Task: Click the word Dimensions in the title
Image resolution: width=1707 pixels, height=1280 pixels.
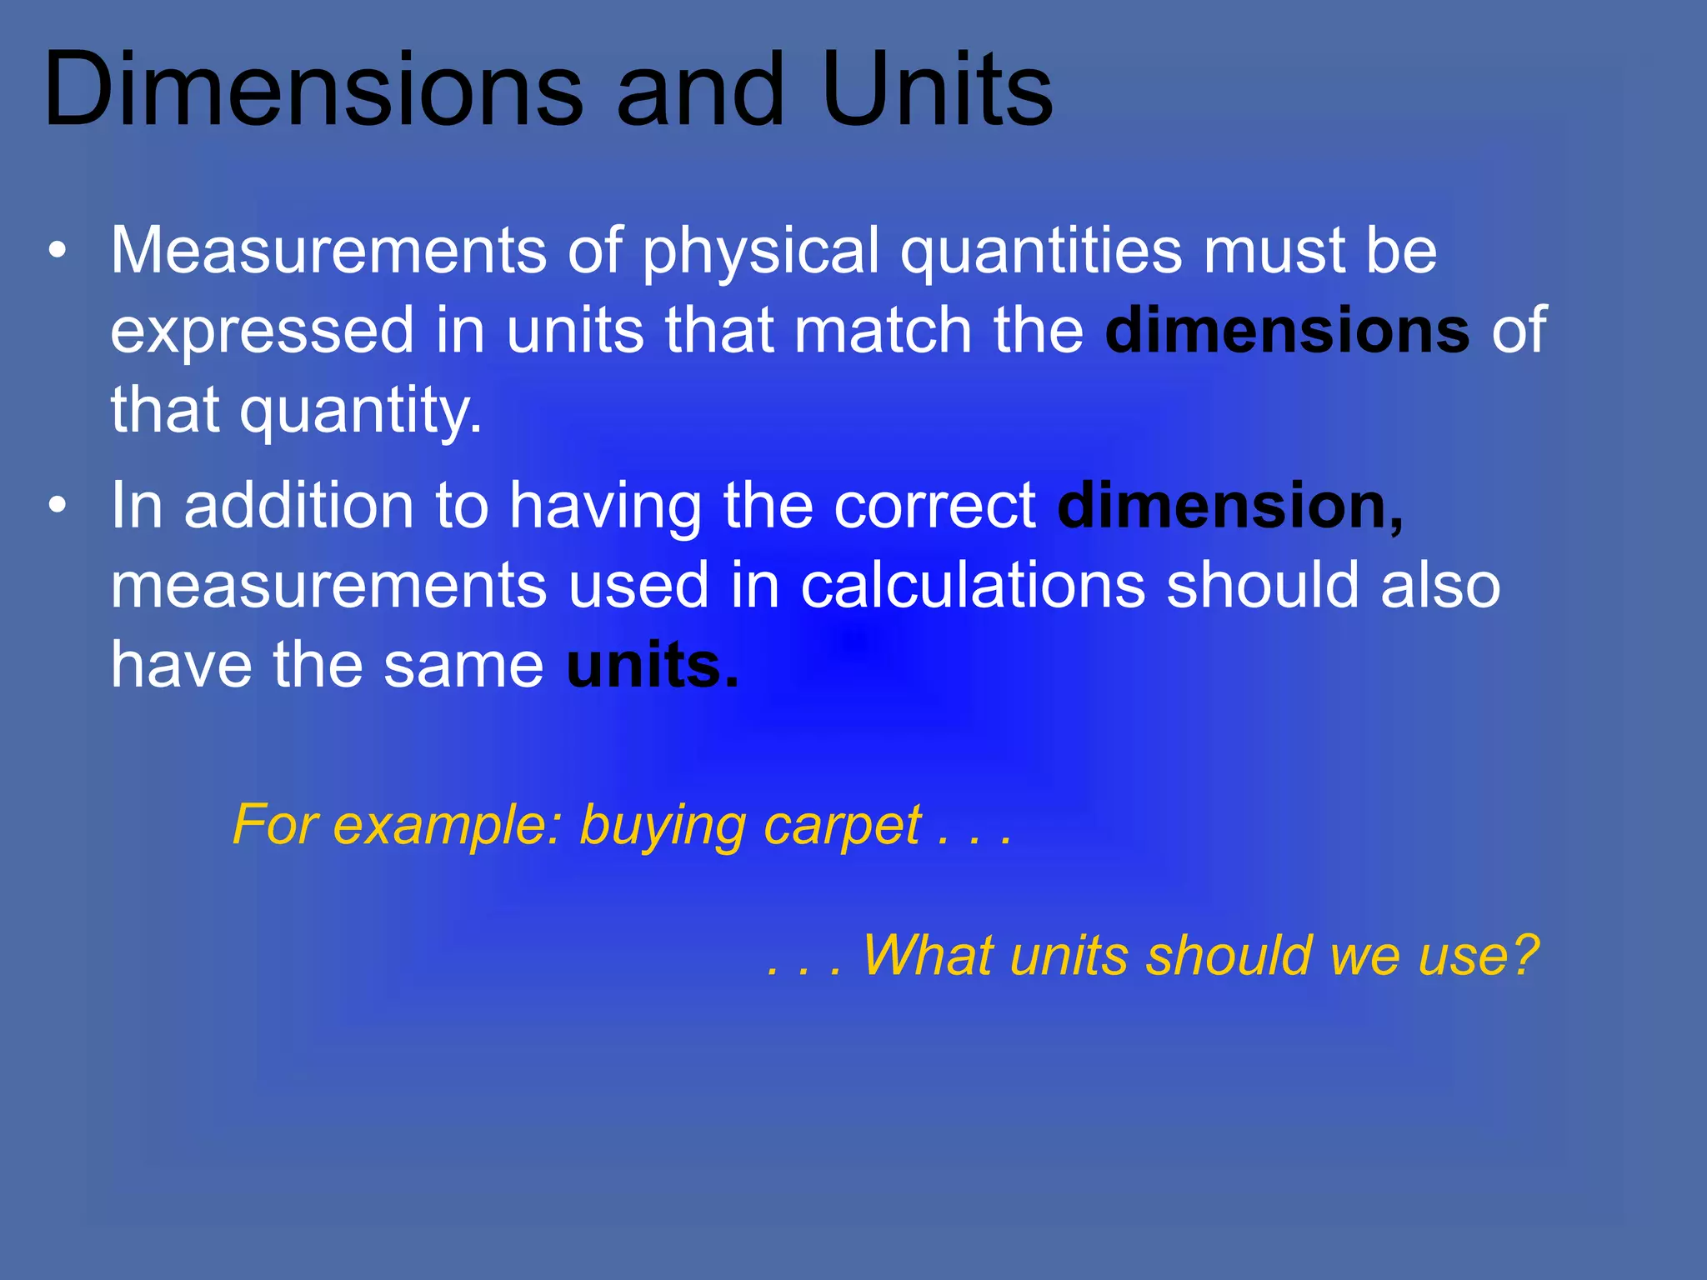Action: click(x=313, y=90)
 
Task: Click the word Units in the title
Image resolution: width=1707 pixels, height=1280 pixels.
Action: click(x=937, y=90)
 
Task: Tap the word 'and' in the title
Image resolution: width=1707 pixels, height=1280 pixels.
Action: click(x=700, y=90)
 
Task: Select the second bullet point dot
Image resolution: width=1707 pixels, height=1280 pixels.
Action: click(x=57, y=505)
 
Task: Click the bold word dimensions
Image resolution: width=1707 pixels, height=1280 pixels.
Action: click(x=1287, y=330)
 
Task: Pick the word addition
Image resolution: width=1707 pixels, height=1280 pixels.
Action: click(x=298, y=505)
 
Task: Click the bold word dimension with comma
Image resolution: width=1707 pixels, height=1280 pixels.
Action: click(x=1230, y=505)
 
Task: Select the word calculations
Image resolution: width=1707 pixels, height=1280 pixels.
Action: click(x=973, y=585)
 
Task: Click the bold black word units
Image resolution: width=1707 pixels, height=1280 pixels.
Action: click(x=651, y=665)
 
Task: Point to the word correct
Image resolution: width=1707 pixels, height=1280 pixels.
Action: click(x=935, y=507)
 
